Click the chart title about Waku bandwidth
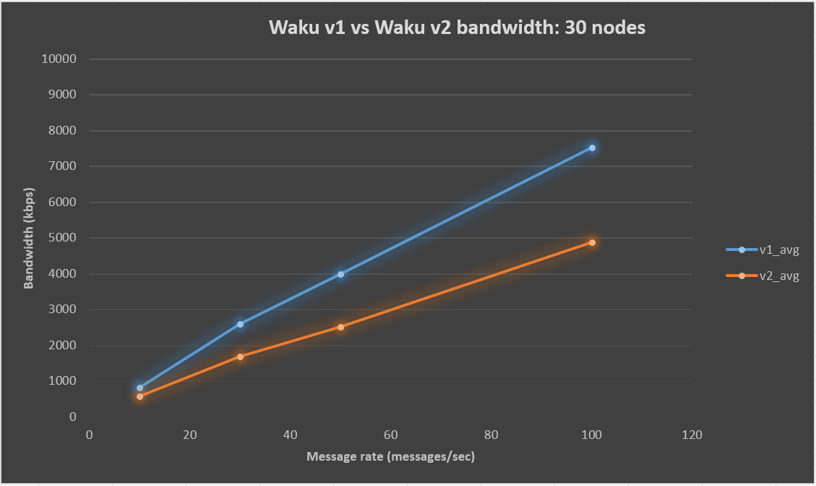tap(457, 28)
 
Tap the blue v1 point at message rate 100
tap(592, 148)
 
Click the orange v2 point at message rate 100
tap(592, 242)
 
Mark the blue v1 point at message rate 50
tap(340, 274)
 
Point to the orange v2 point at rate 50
tap(340, 327)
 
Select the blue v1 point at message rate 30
tap(240, 324)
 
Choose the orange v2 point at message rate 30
tap(240, 357)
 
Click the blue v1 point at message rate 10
tap(139, 388)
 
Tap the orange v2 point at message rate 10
tap(139, 396)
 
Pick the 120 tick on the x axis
tap(692, 435)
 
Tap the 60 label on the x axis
tap(391, 435)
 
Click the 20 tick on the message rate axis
tap(190, 435)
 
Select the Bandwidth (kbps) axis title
tap(29, 238)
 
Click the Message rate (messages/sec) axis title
tap(391, 457)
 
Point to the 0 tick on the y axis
tap(72, 417)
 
